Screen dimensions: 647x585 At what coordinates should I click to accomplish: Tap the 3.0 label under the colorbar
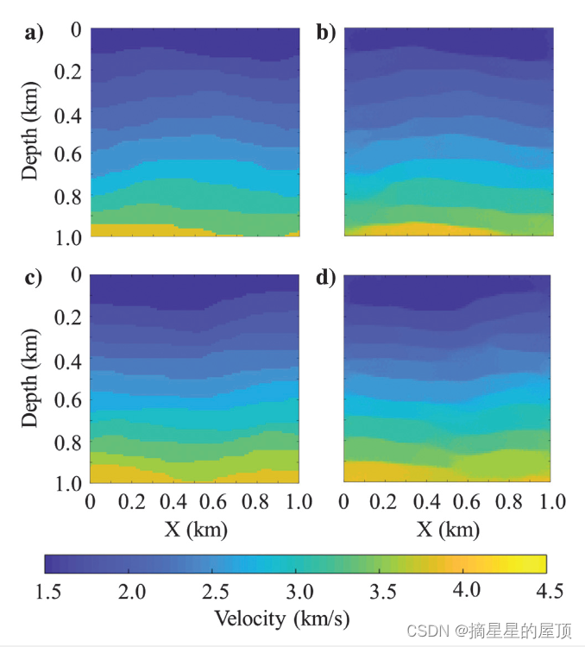[x=295, y=591]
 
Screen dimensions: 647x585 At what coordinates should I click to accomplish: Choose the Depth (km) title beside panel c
[x=31, y=378]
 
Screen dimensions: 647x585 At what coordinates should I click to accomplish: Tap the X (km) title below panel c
[x=194, y=529]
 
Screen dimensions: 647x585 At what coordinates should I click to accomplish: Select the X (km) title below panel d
[x=448, y=529]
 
